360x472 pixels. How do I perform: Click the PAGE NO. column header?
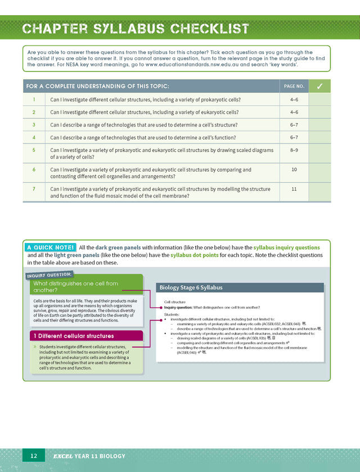294,87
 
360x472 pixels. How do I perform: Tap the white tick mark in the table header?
319,86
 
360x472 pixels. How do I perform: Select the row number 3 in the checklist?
34,124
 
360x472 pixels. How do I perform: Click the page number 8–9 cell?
294,150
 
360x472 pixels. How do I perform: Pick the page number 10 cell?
294,169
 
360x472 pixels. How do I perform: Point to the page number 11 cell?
294,189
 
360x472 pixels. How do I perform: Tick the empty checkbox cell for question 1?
319,100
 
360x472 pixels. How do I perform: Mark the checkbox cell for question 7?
319,192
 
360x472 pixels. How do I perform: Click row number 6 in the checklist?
34,169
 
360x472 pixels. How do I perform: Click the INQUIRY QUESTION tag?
49,275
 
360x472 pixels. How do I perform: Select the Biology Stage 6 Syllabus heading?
191,287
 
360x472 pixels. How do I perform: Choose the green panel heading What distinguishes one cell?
75,287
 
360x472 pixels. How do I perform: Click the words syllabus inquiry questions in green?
286,248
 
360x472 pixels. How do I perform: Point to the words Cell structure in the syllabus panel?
174,302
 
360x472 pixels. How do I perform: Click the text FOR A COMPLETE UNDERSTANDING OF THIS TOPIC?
97,87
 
